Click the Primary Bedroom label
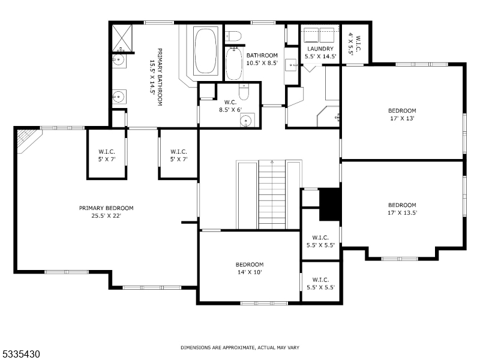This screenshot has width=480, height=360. (106, 208)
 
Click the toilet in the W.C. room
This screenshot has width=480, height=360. (244, 93)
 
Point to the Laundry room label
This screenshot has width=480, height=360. (320, 49)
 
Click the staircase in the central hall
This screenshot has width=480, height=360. (272, 195)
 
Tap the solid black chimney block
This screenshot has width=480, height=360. (329, 205)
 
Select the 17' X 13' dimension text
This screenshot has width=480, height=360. (401, 118)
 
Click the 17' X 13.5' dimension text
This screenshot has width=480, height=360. (401, 212)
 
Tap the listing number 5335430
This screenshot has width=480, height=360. (21, 355)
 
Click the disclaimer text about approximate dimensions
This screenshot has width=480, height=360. (240, 347)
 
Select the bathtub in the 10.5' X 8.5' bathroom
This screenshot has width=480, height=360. (233, 63)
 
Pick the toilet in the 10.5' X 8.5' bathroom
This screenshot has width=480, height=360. (233, 36)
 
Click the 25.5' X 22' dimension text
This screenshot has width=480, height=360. (106, 216)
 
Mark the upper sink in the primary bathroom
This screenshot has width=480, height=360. (118, 60)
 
